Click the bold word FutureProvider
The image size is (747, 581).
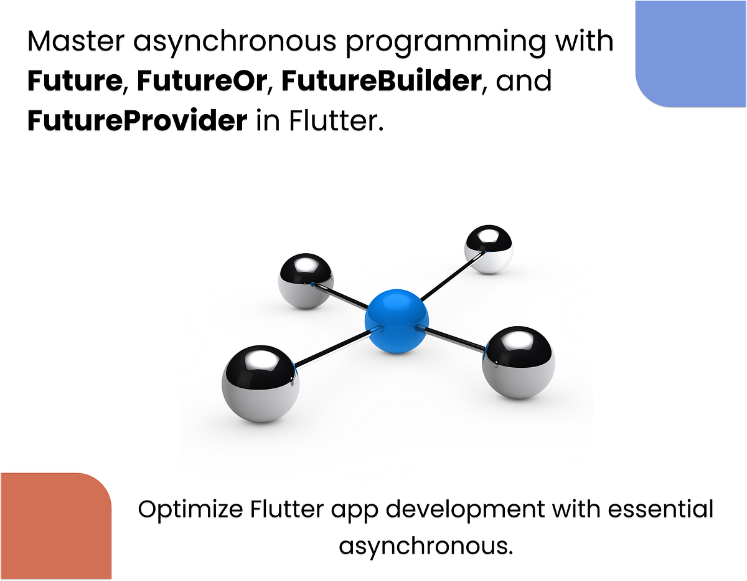pos(137,120)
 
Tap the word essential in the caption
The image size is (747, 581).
pos(660,509)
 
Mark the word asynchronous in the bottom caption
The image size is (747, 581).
pos(426,545)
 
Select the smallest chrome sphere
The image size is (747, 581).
pos(489,249)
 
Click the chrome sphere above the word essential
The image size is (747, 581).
pos(518,362)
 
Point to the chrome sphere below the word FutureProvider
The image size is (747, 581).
pos(306,280)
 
